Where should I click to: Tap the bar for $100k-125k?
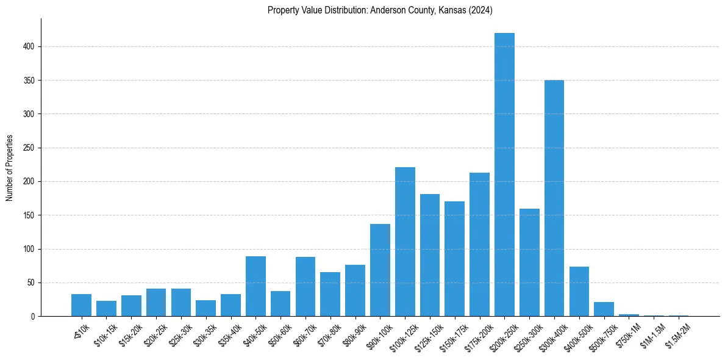(x=405, y=242)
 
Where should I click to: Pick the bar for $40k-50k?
(x=255, y=286)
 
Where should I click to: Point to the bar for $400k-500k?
(x=579, y=292)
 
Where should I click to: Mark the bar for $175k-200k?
(x=479, y=245)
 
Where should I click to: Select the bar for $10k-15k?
(x=106, y=309)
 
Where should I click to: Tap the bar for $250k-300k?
(x=529, y=262)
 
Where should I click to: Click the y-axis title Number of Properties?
(x=9, y=167)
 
